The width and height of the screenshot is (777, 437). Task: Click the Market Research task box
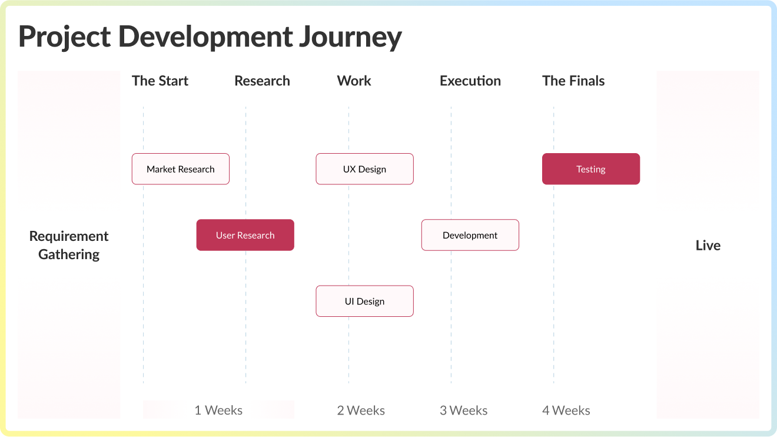pos(180,169)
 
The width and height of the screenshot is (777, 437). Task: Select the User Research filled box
pos(245,235)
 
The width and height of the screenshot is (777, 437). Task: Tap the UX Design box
pos(364,169)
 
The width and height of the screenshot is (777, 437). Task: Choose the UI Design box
pos(364,301)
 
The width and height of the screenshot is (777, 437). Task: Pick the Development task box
pos(470,235)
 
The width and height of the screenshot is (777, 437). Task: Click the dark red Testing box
pos(590,169)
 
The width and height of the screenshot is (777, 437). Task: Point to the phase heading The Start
pos(160,81)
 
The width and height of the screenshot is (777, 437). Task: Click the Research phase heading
pos(262,81)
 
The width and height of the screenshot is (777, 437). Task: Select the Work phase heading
pos(354,81)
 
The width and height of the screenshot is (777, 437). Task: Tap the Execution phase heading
pos(470,81)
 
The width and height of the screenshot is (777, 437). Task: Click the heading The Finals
pos(573,81)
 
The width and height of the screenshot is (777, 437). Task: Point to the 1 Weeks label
pos(218,410)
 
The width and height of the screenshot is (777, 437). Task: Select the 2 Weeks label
pos(361,410)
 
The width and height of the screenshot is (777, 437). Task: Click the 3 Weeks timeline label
pos(463,410)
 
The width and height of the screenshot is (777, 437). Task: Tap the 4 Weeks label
pos(566,410)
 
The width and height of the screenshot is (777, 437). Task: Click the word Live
pos(708,246)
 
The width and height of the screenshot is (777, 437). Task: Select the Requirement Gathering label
pos(69,245)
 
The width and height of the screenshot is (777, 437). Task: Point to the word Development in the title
pos(205,37)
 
